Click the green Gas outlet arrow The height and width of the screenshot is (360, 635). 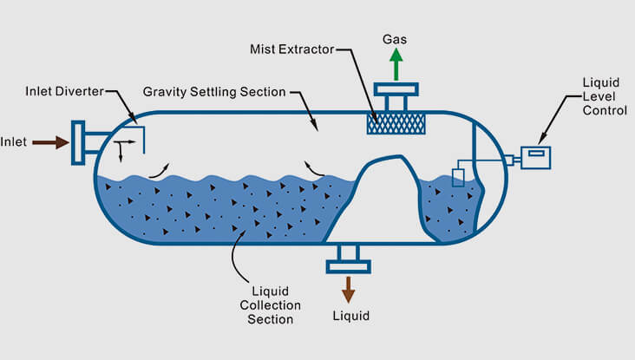tap(396, 64)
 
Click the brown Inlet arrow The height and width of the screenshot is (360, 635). tap(51, 141)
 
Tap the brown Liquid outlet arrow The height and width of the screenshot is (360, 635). tap(348, 288)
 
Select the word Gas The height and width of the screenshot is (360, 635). tap(396, 37)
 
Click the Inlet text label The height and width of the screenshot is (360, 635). tap(15, 141)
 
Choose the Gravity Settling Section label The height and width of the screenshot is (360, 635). tap(213, 93)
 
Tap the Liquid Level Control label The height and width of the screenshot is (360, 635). tap(601, 97)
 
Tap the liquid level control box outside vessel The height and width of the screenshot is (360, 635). tap(536, 156)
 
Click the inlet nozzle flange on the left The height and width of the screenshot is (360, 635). tap(78, 141)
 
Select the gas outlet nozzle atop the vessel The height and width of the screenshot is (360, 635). tap(396, 96)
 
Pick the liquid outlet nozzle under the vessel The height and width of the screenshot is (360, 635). tap(348, 255)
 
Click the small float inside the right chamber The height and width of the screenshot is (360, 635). tap(458, 177)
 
